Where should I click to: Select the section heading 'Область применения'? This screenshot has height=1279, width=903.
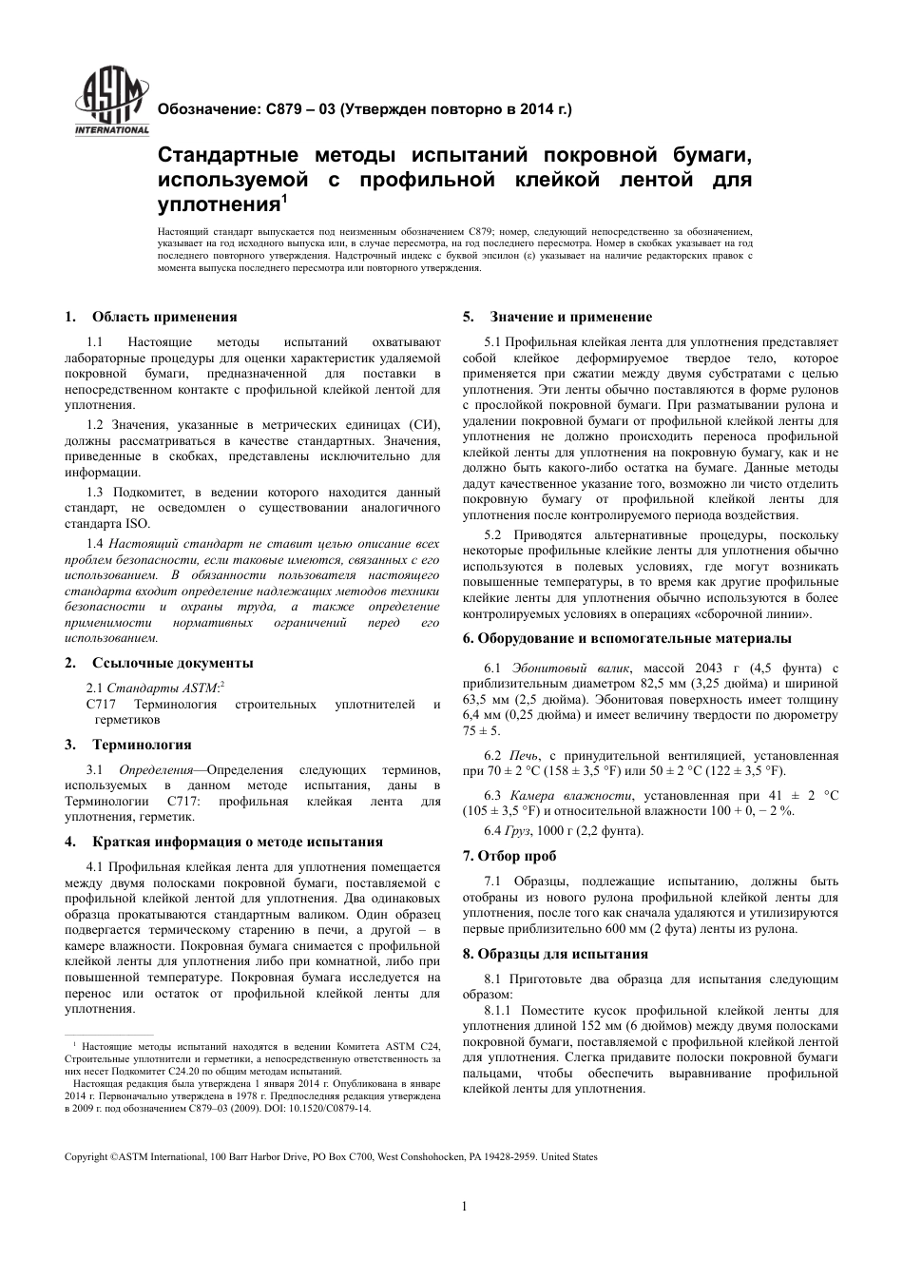164,317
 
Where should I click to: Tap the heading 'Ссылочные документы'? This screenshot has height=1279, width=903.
173,663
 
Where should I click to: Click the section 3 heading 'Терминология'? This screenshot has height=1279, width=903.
142,745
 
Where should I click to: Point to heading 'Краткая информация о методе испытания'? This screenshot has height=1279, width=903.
238,842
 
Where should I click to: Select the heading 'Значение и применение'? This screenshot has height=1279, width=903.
570,317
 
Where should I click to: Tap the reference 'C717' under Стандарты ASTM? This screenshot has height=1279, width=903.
100,705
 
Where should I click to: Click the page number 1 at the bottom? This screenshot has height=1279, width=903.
464,1207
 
